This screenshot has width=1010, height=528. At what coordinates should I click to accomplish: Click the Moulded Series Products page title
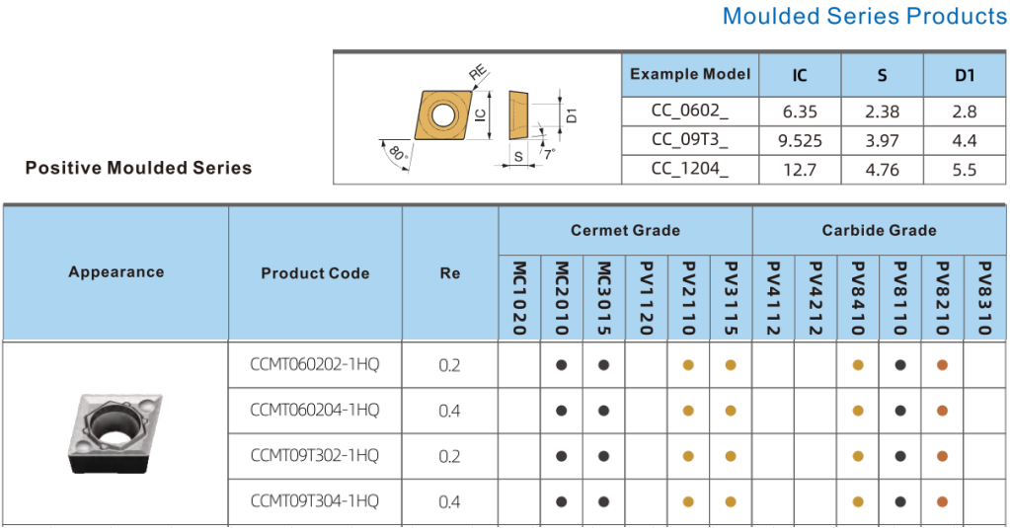pyautogui.click(x=864, y=17)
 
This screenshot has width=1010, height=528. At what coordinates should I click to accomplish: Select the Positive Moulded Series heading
pyautogui.click(x=138, y=168)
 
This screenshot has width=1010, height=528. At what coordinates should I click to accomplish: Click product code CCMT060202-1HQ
pyautogui.click(x=315, y=365)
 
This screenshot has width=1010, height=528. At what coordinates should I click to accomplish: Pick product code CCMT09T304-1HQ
pyautogui.click(x=315, y=501)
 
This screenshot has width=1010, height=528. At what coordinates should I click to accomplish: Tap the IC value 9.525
pyautogui.click(x=800, y=141)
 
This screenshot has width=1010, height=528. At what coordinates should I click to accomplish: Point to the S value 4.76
pyautogui.click(x=882, y=170)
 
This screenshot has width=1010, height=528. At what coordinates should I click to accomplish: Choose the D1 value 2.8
pyautogui.click(x=965, y=113)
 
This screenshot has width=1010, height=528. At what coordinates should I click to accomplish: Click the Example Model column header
pyautogui.click(x=690, y=74)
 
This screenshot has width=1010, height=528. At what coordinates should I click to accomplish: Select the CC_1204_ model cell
pyautogui.click(x=690, y=170)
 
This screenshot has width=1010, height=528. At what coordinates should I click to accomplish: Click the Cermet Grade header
pyautogui.click(x=625, y=230)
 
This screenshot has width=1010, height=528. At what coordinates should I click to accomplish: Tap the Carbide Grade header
pyautogui.click(x=879, y=230)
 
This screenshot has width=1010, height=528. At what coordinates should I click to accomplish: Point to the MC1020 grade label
pyautogui.click(x=519, y=298)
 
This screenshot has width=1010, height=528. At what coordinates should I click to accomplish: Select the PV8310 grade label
pyautogui.click(x=983, y=298)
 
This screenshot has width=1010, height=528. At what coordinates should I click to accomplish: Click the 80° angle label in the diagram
pyautogui.click(x=398, y=154)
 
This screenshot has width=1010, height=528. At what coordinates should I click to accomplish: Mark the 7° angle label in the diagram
pyautogui.click(x=548, y=154)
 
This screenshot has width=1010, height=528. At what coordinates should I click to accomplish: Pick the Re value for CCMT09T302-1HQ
pyautogui.click(x=449, y=456)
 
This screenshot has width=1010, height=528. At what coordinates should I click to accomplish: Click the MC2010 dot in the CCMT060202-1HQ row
pyautogui.click(x=562, y=365)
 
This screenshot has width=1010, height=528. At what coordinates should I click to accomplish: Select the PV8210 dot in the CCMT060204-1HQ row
pyautogui.click(x=942, y=411)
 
